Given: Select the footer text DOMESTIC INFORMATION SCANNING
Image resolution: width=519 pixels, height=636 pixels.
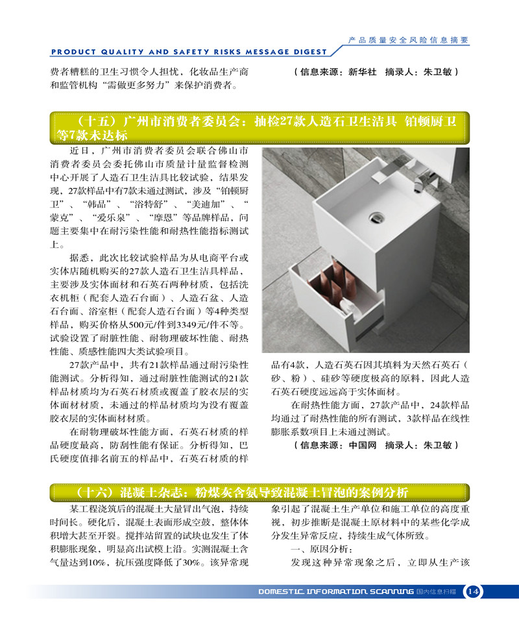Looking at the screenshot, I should click(x=335, y=592).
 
